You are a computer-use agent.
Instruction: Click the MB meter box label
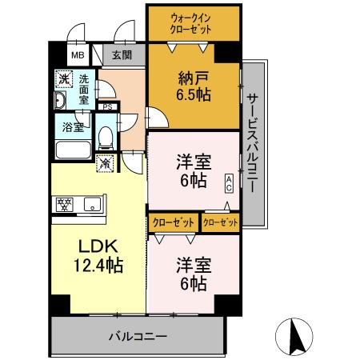[x=78, y=55]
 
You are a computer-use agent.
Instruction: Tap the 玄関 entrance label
[x=122, y=55]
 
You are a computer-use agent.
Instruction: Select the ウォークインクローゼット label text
[x=193, y=23]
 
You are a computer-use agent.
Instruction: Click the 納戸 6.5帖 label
[x=193, y=86]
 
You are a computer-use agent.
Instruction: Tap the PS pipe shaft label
[x=107, y=106]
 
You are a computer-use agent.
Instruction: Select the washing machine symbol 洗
[x=63, y=80]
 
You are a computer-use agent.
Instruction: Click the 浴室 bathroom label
[x=74, y=126]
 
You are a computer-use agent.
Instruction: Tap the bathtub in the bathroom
[x=74, y=149]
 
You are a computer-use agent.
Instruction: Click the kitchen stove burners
[x=65, y=204]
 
